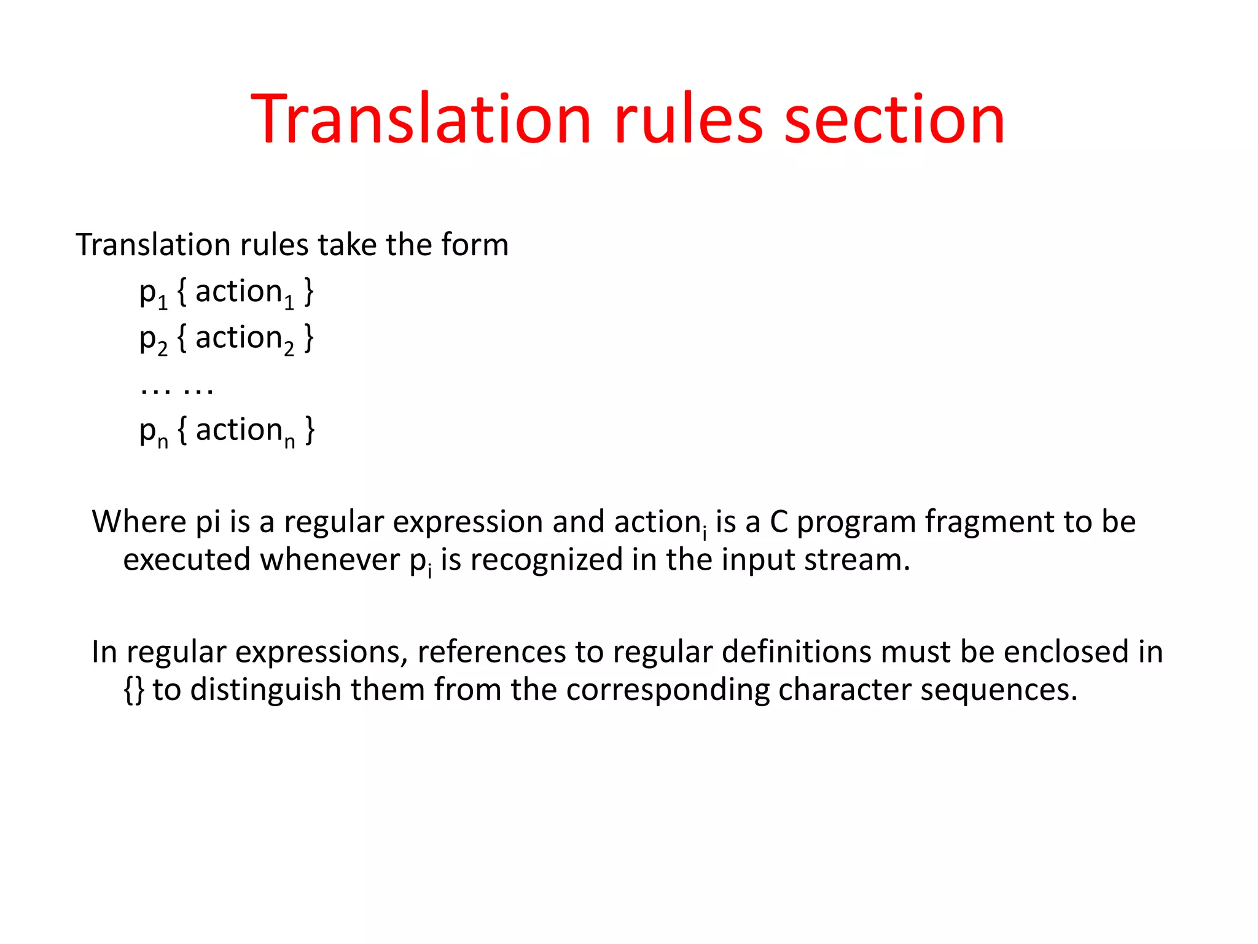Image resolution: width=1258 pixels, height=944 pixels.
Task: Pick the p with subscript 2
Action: pos(153,339)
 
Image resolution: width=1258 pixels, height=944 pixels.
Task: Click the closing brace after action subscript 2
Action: pos(309,338)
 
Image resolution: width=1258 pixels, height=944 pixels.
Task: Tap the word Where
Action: pos(138,522)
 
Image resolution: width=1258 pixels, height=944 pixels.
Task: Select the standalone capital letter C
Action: pos(779,522)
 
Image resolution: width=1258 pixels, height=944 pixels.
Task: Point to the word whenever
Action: pos(330,560)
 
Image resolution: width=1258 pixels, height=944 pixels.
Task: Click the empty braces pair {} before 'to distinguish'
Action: pos(134,690)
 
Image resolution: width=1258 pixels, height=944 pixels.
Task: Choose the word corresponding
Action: pos(668,690)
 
